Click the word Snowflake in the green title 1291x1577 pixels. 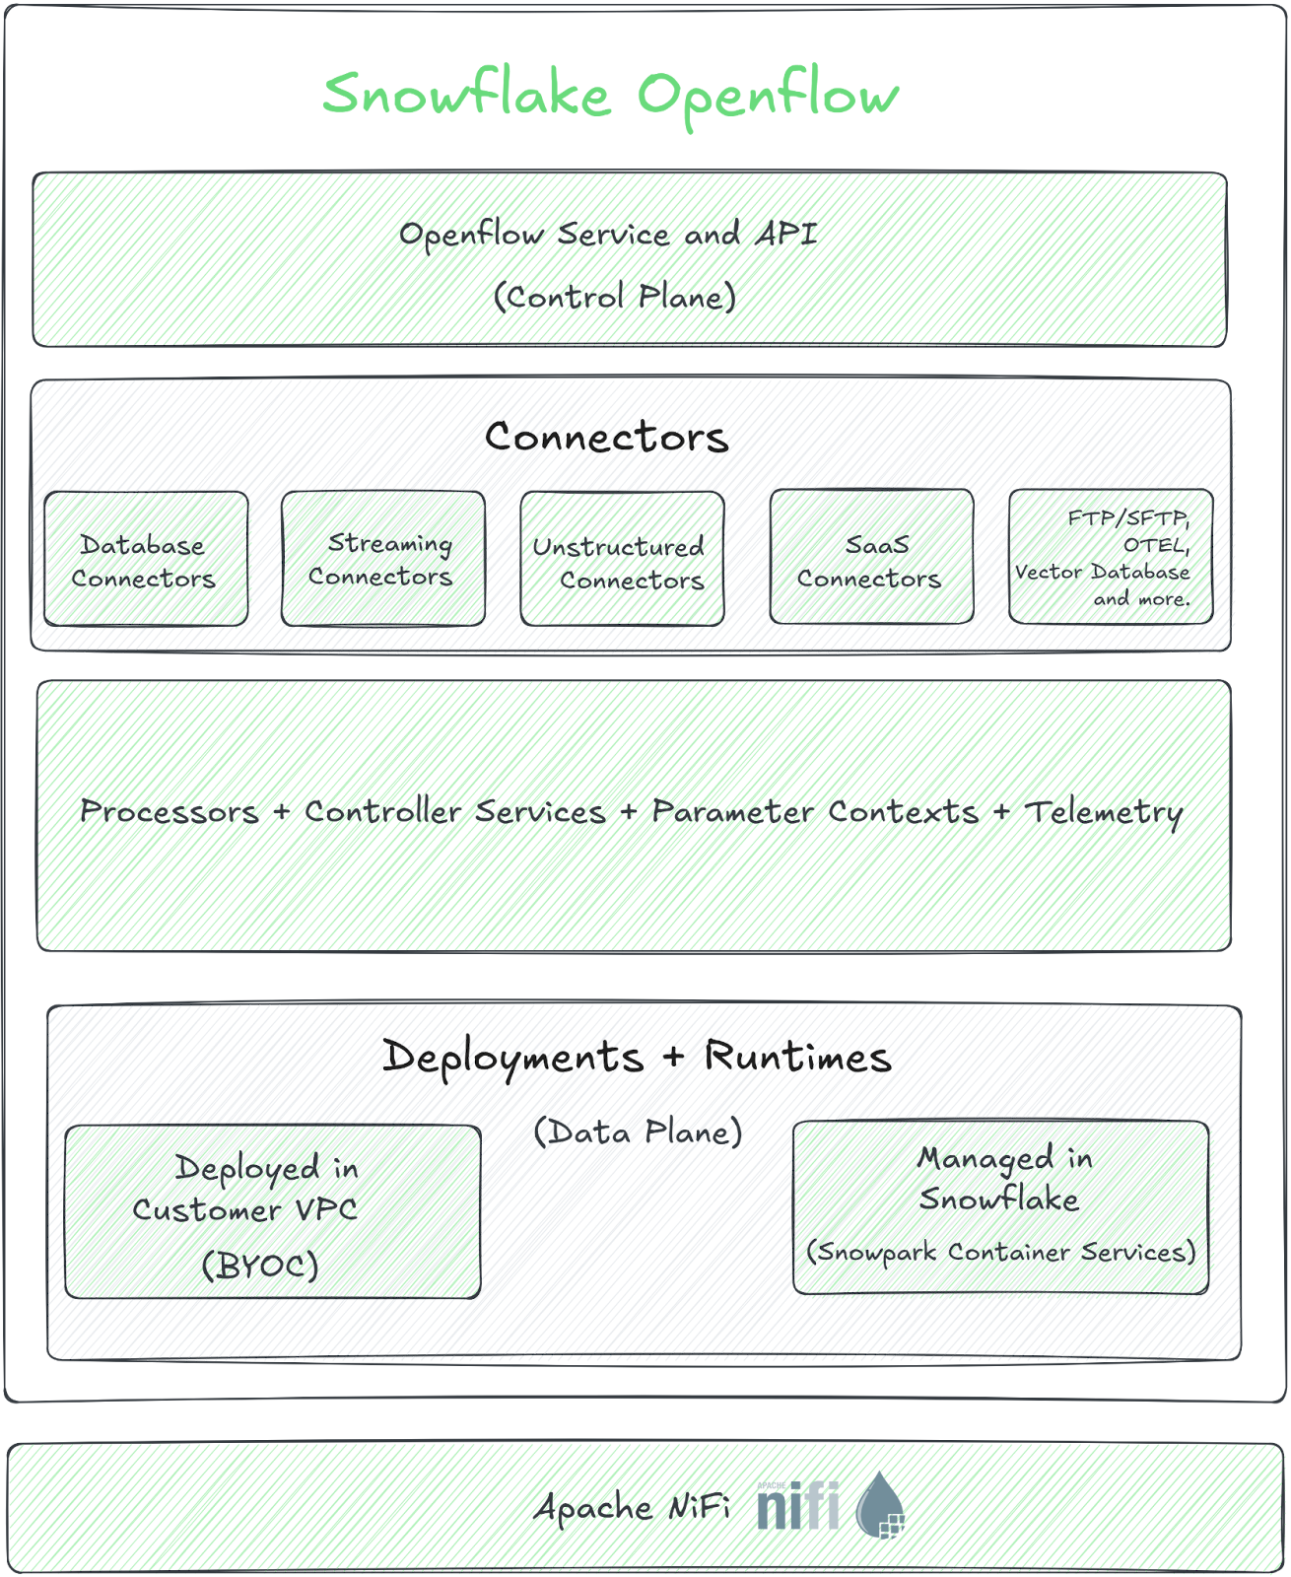point(466,95)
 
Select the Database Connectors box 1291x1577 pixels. point(145,559)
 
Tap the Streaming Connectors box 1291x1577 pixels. point(383,559)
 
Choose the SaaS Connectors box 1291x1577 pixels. point(870,559)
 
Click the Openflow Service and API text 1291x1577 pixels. point(608,237)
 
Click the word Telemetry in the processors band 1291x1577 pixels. point(1104,812)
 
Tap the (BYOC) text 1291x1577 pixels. point(260,1265)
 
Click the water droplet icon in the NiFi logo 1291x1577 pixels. point(880,1506)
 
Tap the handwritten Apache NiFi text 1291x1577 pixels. point(636,1509)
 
